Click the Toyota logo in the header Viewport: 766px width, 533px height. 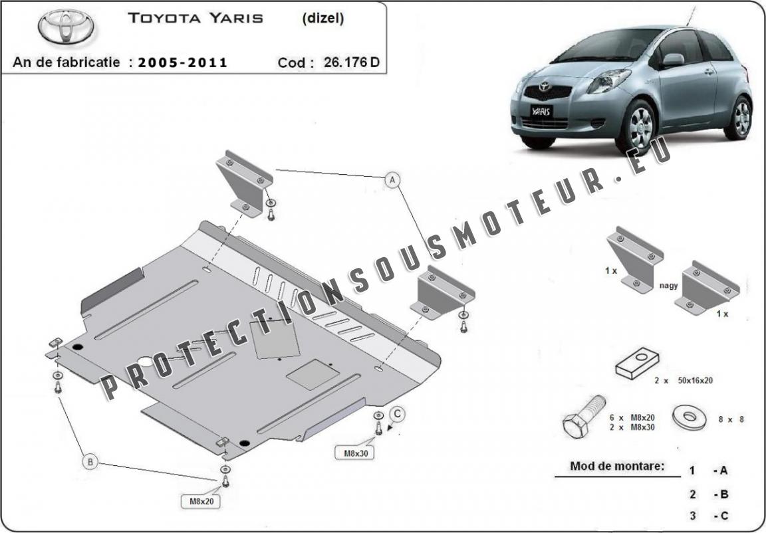tap(66, 26)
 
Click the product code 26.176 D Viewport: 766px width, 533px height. tap(351, 62)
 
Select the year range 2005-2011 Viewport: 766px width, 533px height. tap(183, 62)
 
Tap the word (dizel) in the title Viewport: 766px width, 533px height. tap(323, 18)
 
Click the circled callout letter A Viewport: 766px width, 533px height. tap(392, 180)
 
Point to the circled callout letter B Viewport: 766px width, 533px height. tap(90, 461)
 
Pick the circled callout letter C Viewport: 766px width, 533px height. tap(398, 414)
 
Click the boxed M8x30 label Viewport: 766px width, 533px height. tap(354, 453)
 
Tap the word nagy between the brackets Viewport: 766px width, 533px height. tap(668, 286)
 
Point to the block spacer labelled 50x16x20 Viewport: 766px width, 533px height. tap(637, 363)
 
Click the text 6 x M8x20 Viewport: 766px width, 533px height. tap(632, 417)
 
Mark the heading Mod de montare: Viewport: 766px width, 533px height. tap(617, 466)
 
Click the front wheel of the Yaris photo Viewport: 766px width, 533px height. tap(638, 128)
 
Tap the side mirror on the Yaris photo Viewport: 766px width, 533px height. tap(672, 60)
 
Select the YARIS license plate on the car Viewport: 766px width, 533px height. tap(541, 111)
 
